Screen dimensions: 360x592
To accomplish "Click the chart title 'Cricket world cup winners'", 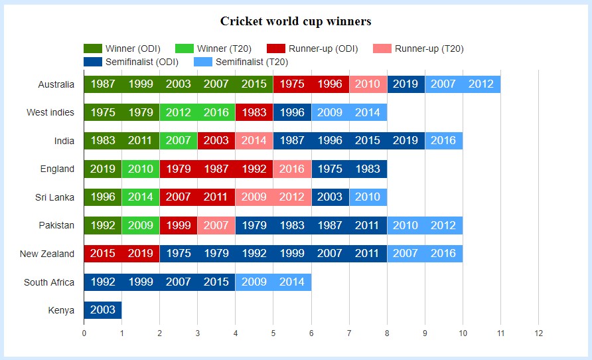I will (295, 21).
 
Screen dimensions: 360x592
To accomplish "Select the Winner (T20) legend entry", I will (212, 48).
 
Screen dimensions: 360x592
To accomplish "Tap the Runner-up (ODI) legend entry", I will (312, 48).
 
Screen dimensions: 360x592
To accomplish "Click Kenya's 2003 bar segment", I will (103, 310).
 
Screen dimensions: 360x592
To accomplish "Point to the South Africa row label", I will (49, 282).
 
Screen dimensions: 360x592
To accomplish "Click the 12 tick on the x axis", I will (538, 333).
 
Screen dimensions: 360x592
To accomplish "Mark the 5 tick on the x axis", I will (273, 333).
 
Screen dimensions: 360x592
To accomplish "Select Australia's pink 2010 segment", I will (368, 84).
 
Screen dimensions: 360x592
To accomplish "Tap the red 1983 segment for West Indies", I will (254, 113).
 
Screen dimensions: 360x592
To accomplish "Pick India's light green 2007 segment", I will (179, 141).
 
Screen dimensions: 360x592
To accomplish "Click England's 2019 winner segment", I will (103, 169).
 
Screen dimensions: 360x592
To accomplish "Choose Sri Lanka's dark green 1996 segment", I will (103, 197).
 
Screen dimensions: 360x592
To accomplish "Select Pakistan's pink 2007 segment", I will (216, 226).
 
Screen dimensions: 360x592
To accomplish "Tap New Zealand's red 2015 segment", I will (103, 254).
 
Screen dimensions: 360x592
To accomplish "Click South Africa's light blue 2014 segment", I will (292, 282).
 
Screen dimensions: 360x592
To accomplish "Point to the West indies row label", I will (50, 112).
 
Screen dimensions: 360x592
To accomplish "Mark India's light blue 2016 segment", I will (443, 141).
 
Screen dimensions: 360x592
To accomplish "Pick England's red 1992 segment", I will (254, 169).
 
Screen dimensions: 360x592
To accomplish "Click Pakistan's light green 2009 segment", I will (141, 226).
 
